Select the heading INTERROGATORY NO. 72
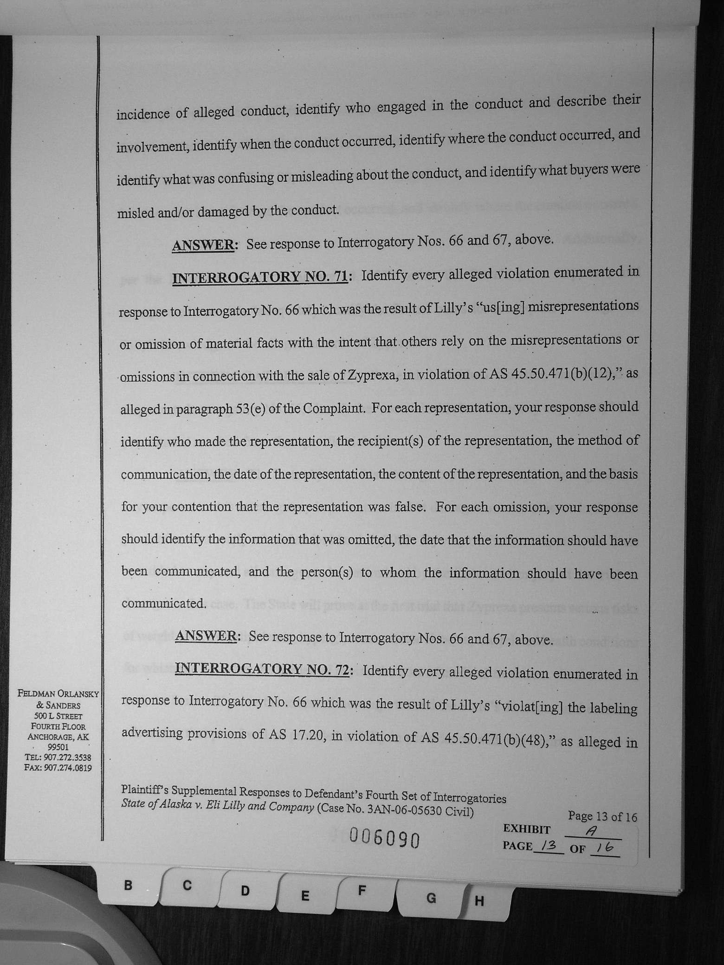[x=263, y=669]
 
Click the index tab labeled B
[x=128, y=885]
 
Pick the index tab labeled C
[x=187, y=885]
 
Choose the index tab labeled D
[x=245, y=891]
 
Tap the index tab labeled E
[x=304, y=896]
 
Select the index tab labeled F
[x=362, y=890]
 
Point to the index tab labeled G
[x=431, y=898]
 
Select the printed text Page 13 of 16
[x=602, y=817]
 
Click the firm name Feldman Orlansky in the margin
[x=58, y=695]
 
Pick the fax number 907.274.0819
[x=68, y=768]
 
